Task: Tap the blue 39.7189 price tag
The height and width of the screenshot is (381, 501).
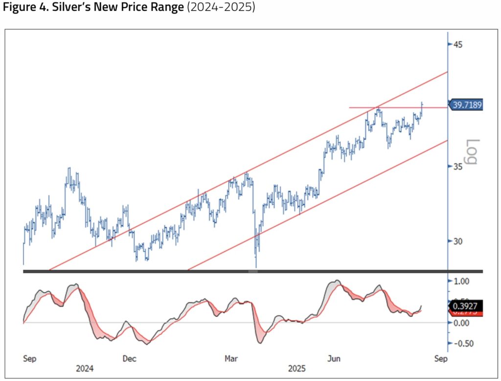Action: tap(466, 105)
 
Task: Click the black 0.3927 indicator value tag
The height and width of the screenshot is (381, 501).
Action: tap(466, 306)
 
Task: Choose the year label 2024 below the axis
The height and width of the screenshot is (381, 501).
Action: tap(85, 368)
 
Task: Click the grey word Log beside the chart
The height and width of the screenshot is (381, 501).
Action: tap(472, 152)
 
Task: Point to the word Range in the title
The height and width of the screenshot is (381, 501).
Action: tap(165, 9)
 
